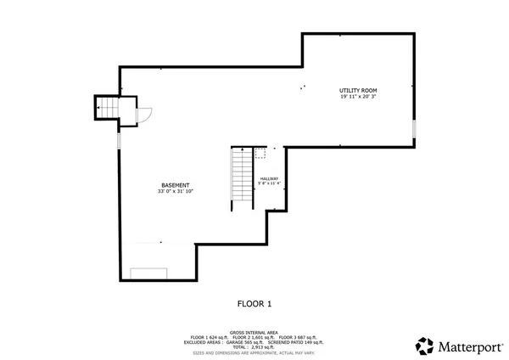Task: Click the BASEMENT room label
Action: [176, 185]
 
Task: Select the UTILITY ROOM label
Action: [358, 90]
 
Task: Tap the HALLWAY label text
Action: [269, 177]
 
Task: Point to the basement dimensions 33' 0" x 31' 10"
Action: [176, 192]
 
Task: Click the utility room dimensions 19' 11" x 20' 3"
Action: [358, 97]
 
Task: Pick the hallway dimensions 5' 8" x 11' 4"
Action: [269, 183]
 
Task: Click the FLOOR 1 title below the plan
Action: [254, 302]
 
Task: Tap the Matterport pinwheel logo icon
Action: [424, 346]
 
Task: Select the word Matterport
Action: [467, 346]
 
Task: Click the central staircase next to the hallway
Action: [242, 179]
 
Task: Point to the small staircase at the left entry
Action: [105, 108]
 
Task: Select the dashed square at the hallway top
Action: [260, 153]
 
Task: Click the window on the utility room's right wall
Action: [414, 130]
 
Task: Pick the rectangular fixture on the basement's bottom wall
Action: [148, 273]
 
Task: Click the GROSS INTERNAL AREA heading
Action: [254, 332]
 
